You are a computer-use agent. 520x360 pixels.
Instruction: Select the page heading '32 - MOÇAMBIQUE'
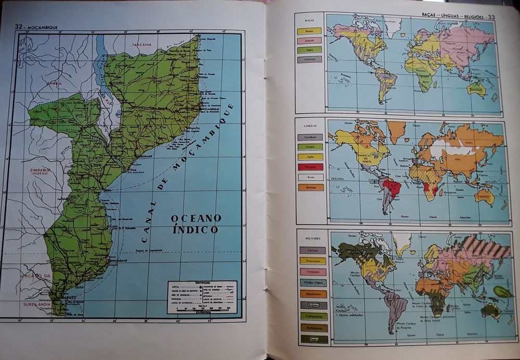(36, 27)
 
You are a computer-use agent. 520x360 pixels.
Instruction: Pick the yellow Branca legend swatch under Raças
(309, 31)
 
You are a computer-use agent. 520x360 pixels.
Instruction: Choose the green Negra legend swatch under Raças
(309, 50)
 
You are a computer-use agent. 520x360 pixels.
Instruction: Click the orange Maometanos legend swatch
(313, 294)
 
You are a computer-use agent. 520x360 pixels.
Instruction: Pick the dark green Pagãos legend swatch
(314, 339)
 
